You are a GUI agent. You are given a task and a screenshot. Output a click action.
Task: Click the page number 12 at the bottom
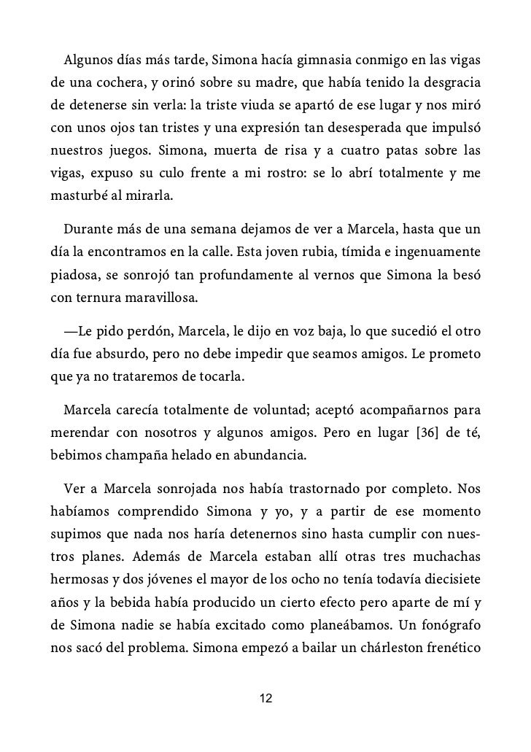click(x=265, y=699)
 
